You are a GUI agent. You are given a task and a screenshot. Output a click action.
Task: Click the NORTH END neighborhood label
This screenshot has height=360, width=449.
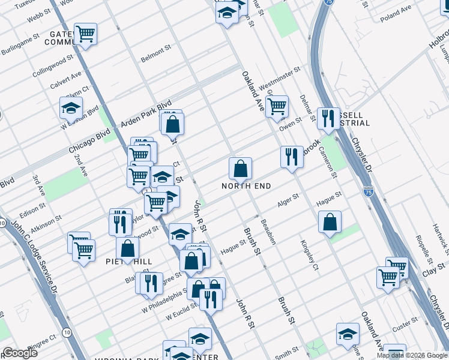point(246,187)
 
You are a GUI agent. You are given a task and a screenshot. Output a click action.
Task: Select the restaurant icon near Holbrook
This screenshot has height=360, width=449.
point(292,157)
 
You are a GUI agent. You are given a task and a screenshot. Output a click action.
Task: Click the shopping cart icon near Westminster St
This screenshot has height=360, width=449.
point(277,107)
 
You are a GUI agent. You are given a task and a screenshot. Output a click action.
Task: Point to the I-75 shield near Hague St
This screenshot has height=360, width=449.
point(367,191)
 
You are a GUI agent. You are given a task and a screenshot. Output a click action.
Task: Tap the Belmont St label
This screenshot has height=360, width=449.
point(156,55)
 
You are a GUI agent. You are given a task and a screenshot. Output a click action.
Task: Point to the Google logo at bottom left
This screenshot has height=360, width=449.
point(20,352)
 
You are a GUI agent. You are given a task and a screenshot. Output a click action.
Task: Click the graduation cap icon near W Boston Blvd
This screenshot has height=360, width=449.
point(71,109)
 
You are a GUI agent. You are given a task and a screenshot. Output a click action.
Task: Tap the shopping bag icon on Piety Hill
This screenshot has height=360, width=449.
point(128,248)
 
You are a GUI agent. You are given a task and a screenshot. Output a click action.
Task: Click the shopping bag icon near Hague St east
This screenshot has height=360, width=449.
point(330,223)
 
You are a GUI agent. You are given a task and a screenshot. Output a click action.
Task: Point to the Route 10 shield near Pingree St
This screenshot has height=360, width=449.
point(65,332)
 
